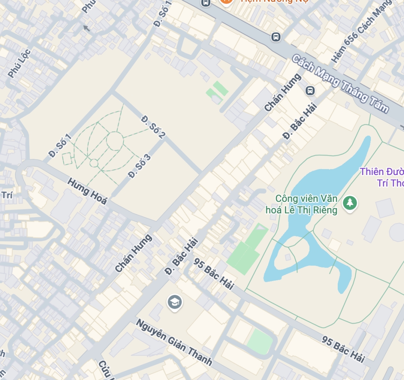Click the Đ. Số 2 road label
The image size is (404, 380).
153,127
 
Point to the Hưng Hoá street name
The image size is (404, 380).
87,191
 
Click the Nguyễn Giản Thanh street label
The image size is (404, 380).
174,342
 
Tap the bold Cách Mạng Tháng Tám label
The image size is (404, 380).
340,84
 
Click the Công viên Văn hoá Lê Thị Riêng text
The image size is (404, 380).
307,204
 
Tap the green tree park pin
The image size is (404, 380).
350,203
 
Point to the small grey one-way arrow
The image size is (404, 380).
86,28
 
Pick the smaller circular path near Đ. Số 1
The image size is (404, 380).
94,163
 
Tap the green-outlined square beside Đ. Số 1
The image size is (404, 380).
67,158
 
